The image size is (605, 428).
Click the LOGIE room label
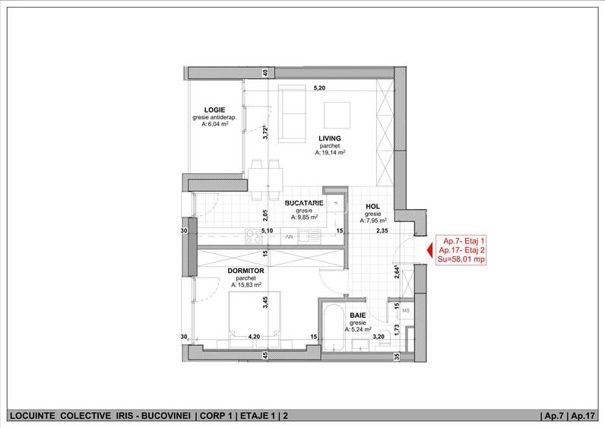tap(214, 110)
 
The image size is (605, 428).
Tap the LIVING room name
tap(330, 138)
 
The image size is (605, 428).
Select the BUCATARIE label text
tap(304, 203)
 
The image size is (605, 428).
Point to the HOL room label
tap(372, 207)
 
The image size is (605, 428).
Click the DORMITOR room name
tap(245, 271)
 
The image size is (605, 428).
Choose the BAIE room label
tap(358, 315)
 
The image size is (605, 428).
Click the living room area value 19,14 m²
tap(330, 153)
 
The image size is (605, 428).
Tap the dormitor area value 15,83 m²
tap(246, 285)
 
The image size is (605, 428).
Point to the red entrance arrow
tap(429, 250)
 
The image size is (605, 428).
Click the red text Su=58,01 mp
tap(461, 259)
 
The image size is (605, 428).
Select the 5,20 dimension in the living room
tap(319, 88)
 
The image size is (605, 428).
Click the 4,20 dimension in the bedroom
tap(254, 337)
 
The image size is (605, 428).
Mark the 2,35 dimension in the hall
tap(382, 231)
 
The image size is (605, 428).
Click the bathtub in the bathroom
tap(334, 328)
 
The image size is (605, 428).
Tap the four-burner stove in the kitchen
tap(254, 236)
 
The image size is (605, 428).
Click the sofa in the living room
tap(292, 114)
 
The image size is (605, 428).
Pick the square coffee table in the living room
tap(337, 115)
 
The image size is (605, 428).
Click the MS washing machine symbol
tap(406, 310)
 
